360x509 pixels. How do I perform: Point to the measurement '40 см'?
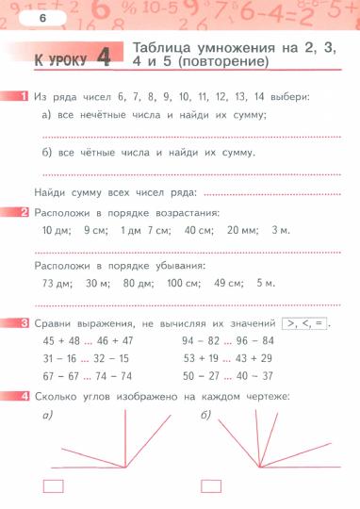[x=198, y=229]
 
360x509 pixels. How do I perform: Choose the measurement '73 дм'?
[x=57, y=283]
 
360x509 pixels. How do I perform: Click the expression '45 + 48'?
[x=61, y=340]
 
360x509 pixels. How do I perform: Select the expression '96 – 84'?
[x=255, y=340]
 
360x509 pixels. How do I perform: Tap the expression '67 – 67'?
[x=61, y=376]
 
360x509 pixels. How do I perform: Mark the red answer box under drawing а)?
[x=55, y=486]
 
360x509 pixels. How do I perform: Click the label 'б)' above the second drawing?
[x=205, y=414]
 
